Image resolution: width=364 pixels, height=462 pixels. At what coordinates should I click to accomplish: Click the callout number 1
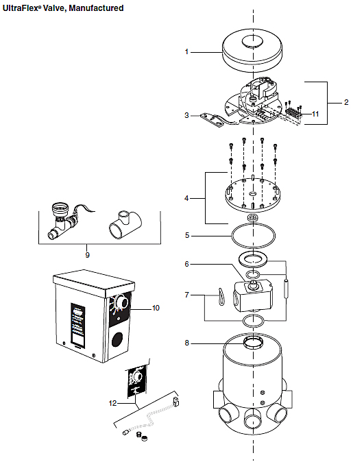pos(186,52)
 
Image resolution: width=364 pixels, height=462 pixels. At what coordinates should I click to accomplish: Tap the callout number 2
pos(346,102)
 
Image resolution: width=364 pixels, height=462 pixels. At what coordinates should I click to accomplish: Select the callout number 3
pos(186,115)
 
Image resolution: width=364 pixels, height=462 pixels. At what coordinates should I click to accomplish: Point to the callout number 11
pos(315,114)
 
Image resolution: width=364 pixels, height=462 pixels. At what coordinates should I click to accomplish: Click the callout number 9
pos(87,255)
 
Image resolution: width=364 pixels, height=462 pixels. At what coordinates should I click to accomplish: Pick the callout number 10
pos(156,308)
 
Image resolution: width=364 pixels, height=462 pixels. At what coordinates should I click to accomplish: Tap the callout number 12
pos(112,403)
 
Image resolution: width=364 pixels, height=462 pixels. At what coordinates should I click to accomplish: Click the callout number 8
pos(187,343)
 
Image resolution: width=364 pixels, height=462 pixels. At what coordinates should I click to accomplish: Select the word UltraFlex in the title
pos(21,8)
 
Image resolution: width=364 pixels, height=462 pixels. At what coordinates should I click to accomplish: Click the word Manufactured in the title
pos(96,8)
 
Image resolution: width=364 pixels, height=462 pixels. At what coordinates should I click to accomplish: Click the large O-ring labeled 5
pos(253,236)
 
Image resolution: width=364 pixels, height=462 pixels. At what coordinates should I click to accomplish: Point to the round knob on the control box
pos(121,302)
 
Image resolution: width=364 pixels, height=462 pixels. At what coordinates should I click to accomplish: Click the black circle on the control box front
pos(117,339)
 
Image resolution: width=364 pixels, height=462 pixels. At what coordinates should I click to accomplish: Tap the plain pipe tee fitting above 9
pos(125,224)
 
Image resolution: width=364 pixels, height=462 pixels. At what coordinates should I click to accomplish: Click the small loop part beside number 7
pos(221,297)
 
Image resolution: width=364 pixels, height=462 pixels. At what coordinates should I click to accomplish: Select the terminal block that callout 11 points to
pos(293,112)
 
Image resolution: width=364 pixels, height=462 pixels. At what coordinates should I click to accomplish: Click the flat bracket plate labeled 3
pos(212,120)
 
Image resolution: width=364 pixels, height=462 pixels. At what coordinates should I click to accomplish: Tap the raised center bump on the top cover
pos(252,41)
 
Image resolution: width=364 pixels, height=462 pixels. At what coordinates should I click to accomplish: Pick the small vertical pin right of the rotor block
pos(286,289)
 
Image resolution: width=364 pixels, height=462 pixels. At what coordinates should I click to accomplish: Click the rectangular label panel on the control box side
pos(78,324)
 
